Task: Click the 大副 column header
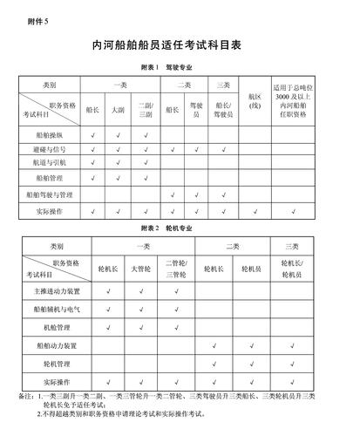(x=118, y=110)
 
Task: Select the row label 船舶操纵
(x=49, y=135)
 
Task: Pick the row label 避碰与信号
(x=49, y=149)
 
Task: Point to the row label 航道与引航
(x=49, y=162)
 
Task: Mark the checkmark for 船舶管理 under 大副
(x=118, y=178)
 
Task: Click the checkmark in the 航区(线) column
(x=255, y=211)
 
